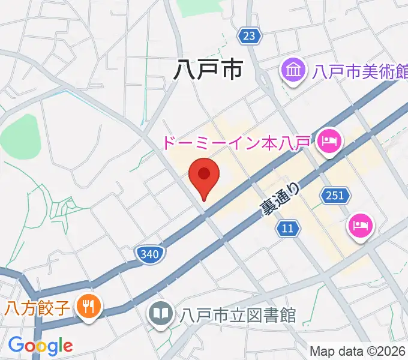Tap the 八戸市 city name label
click(208, 70)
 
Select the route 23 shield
click(249, 36)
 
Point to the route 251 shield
click(335, 194)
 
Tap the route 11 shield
click(289, 227)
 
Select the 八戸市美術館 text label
click(359, 73)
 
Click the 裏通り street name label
click(279, 199)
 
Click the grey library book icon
click(161, 313)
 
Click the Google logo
click(40, 345)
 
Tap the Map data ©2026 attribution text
click(358, 351)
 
